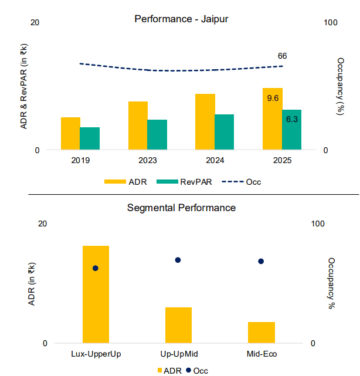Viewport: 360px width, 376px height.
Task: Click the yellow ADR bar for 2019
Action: pyautogui.click(x=70, y=134)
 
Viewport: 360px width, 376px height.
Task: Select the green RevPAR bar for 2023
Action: pyautogui.click(x=157, y=135)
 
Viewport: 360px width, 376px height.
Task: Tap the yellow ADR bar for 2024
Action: pyautogui.click(x=205, y=122)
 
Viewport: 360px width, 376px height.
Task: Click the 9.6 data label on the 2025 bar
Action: pyautogui.click(x=273, y=98)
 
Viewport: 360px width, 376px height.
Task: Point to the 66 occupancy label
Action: pyautogui.click(x=282, y=56)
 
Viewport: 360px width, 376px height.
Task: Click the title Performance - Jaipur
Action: pyautogui.click(x=181, y=19)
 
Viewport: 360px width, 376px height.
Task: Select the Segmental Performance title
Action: pyautogui.click(x=181, y=208)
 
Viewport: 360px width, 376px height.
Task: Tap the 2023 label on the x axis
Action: pyautogui.click(x=147, y=160)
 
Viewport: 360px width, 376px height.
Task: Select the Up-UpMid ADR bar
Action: pyautogui.click(x=178, y=325)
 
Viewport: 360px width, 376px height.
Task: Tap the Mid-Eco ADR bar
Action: pyautogui.click(x=261, y=333)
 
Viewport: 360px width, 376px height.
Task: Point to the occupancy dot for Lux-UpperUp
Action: pyautogui.click(x=96, y=268)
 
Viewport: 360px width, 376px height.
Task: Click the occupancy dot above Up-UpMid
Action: pyautogui.click(x=178, y=260)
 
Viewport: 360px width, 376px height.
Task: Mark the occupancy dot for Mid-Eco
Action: pyautogui.click(x=261, y=261)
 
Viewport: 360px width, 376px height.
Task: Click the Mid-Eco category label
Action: pyautogui.click(x=261, y=354)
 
